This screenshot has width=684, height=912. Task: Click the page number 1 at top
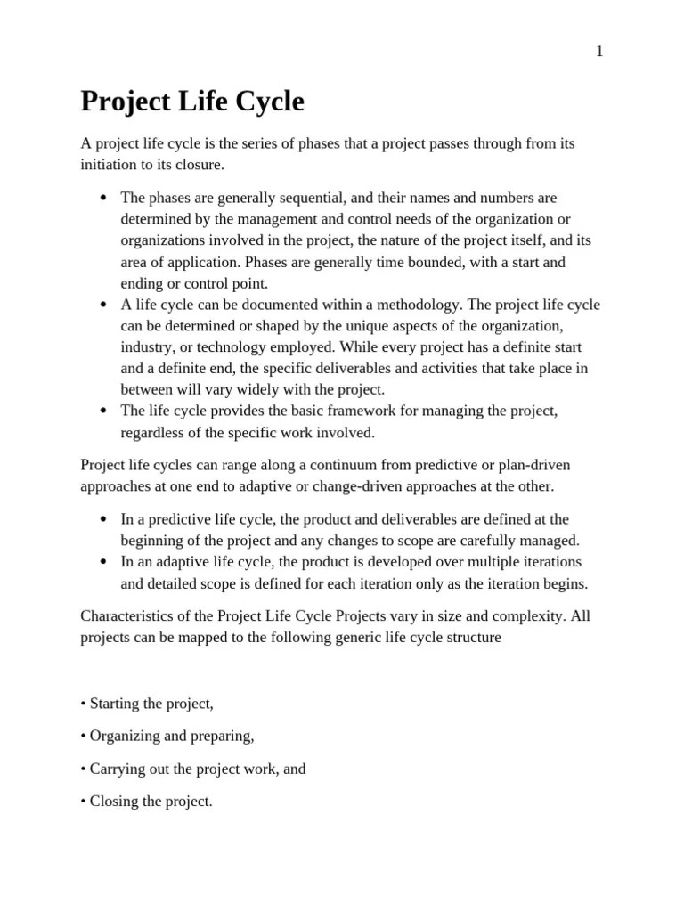click(x=600, y=52)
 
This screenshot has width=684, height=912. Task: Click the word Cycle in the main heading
click(x=264, y=102)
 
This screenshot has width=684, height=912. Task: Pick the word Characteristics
click(x=122, y=616)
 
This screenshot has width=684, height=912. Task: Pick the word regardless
click(x=156, y=433)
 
